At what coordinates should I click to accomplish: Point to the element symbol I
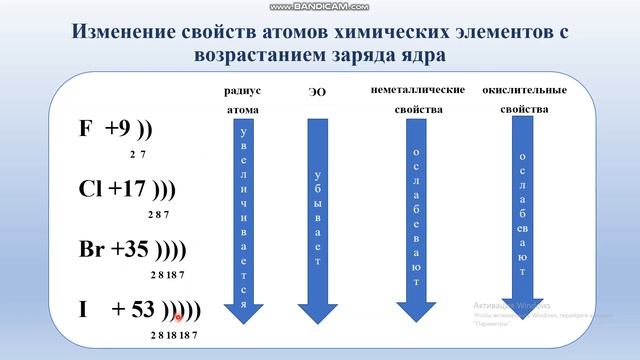(x=84, y=309)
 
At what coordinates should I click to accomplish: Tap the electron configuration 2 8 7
(x=160, y=214)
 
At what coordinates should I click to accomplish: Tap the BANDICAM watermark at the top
(x=320, y=6)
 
